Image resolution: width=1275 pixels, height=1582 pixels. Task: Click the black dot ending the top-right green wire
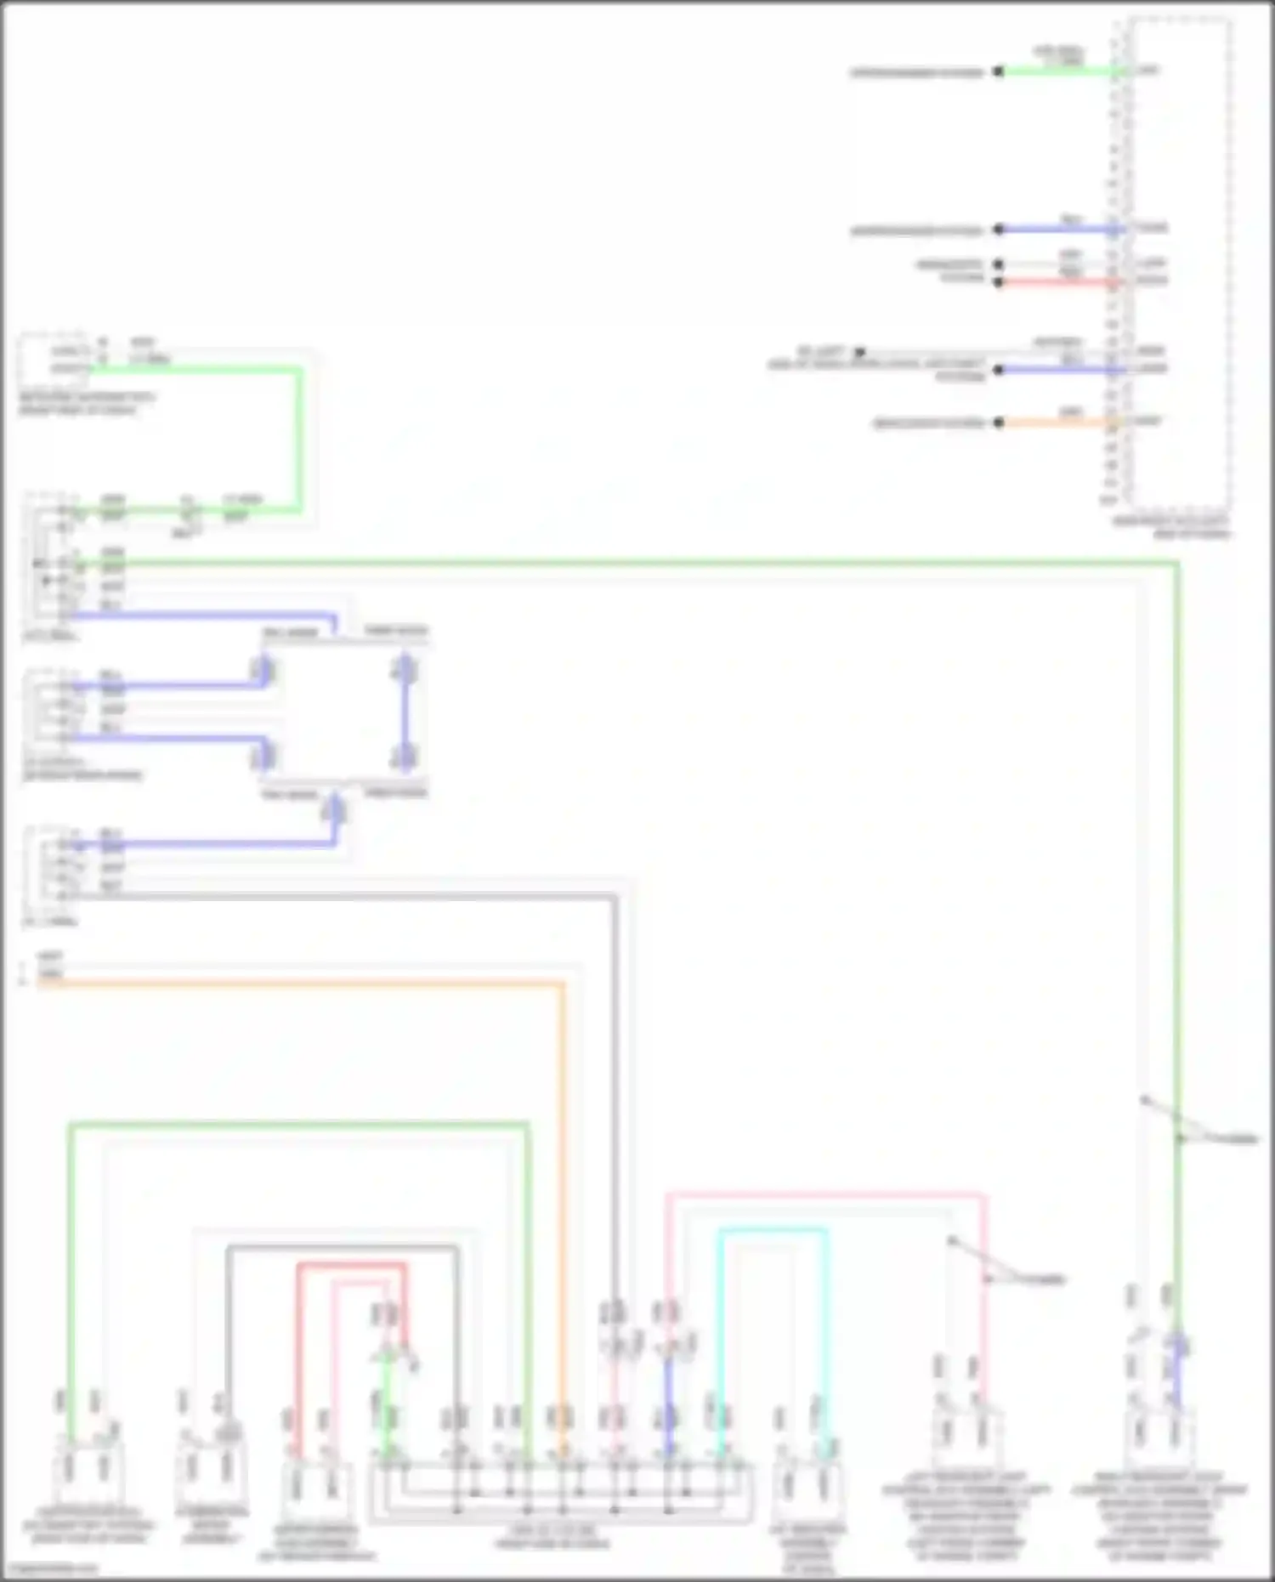click(x=999, y=72)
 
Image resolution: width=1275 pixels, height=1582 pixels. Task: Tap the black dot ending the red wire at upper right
click(x=999, y=281)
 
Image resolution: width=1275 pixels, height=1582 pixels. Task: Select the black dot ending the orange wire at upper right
click(x=999, y=422)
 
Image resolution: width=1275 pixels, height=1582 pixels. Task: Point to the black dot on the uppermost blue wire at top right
click(x=999, y=230)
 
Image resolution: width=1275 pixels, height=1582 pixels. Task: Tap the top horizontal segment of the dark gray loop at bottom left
click(x=340, y=1248)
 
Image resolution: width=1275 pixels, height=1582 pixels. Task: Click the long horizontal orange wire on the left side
click(x=297, y=985)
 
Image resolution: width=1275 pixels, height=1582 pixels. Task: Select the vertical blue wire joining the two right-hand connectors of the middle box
click(x=405, y=714)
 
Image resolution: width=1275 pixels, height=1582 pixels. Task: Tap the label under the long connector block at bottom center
click(x=552, y=1536)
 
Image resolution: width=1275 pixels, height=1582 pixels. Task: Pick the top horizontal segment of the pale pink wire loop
click(x=824, y=1195)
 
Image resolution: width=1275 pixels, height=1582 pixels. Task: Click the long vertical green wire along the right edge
click(x=1177, y=850)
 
